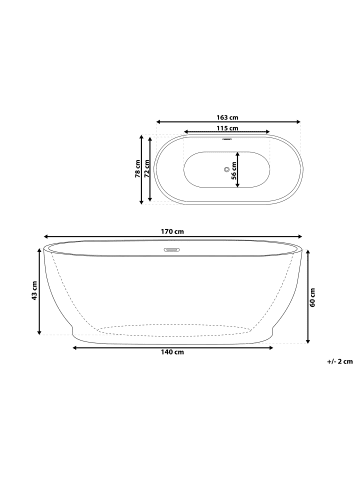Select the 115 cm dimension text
pos(227,129)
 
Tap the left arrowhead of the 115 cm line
pos(183,135)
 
